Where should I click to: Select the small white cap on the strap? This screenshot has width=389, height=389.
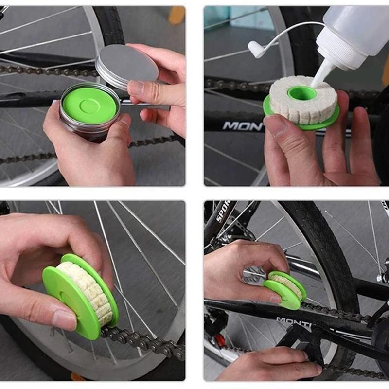coord(256,48)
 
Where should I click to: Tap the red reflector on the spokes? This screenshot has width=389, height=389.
coord(221,340)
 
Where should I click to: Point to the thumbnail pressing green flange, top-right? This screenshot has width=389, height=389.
coord(276,125)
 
